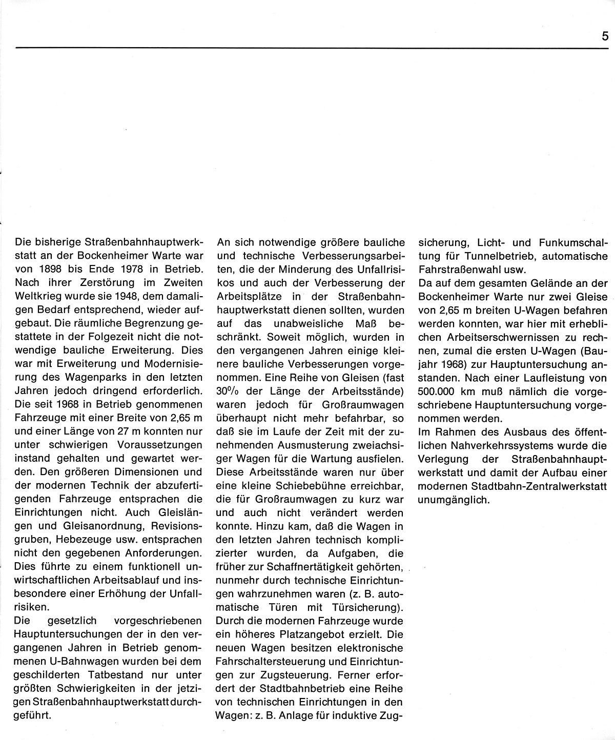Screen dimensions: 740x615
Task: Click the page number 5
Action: tap(605, 36)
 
